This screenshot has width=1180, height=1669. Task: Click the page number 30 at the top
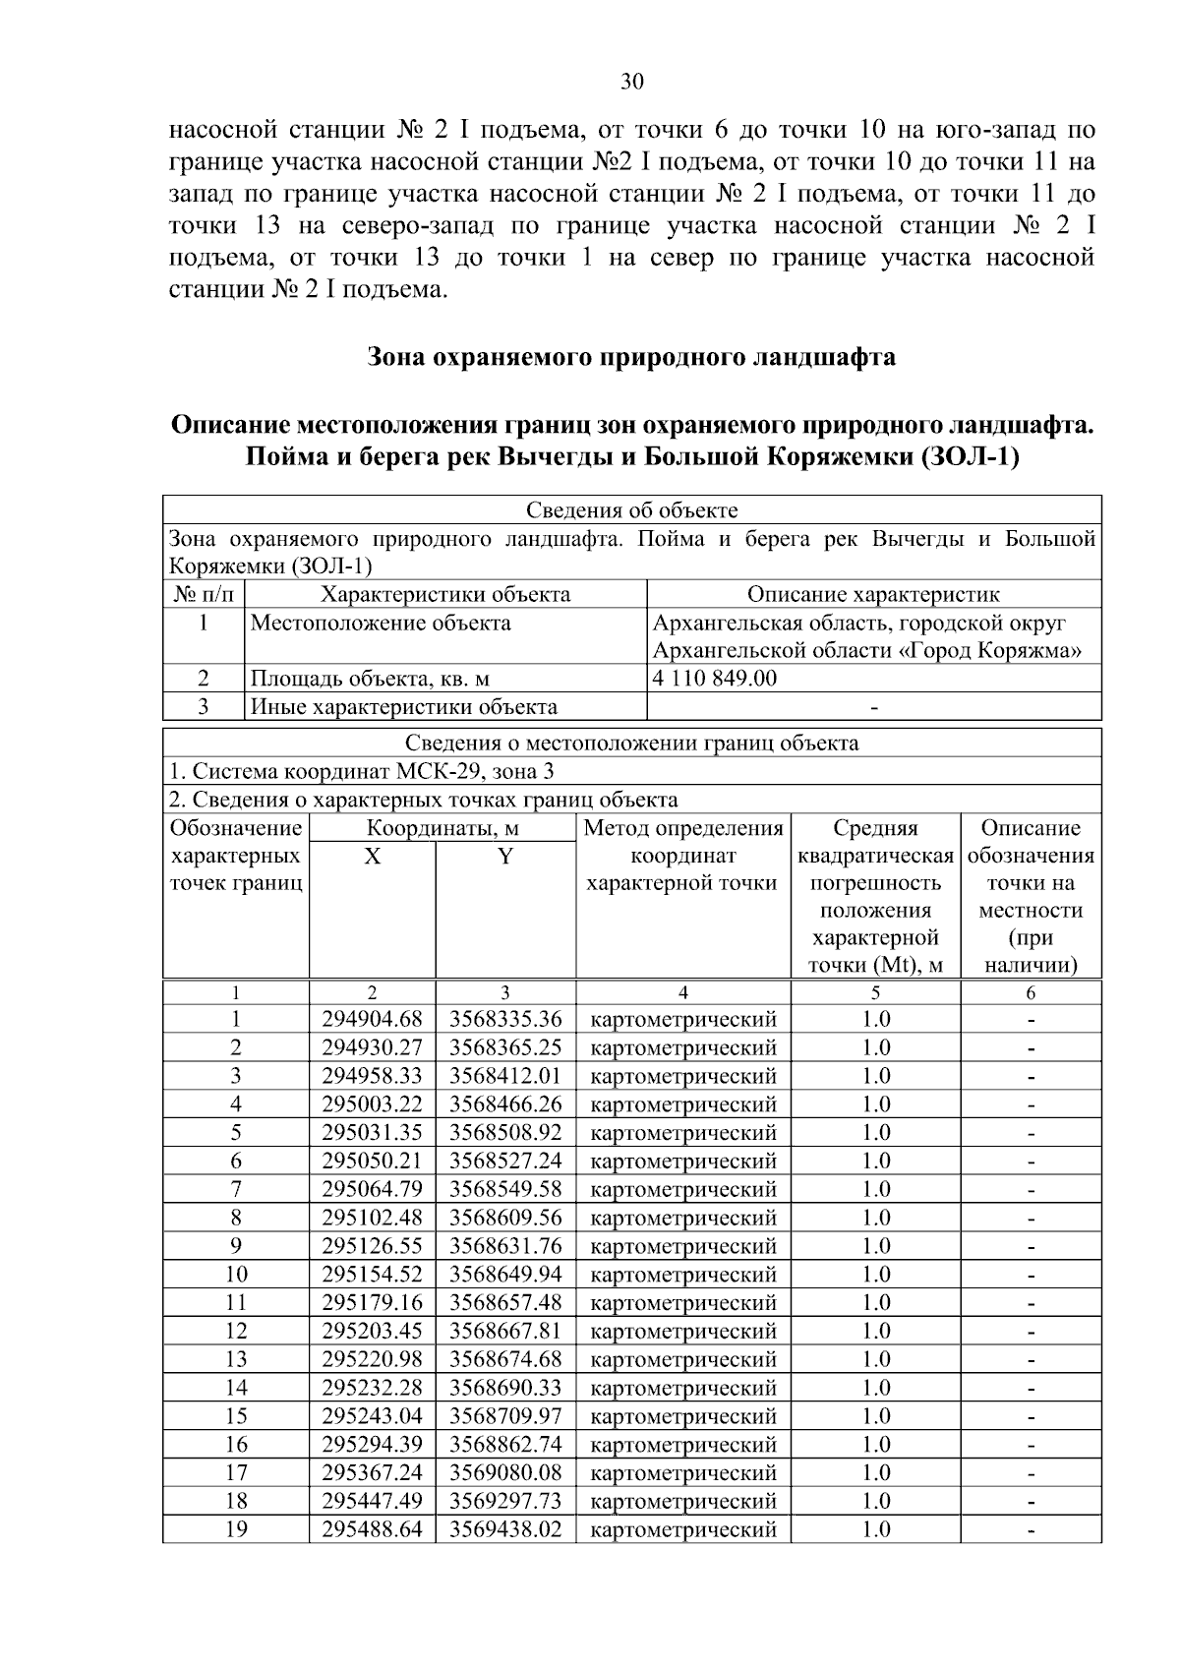click(631, 82)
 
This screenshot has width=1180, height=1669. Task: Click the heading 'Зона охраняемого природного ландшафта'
click(631, 356)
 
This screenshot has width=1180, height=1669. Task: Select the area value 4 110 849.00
click(715, 678)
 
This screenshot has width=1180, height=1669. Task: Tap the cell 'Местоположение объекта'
click(381, 623)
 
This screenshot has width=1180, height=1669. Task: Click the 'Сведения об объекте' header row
click(631, 509)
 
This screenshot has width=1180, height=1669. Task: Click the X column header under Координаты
click(372, 857)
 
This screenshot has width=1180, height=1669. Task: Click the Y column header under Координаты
click(505, 857)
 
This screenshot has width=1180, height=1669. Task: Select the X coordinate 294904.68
click(372, 1019)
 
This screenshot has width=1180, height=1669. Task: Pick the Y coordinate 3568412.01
click(505, 1076)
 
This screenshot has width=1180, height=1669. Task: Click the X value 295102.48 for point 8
click(372, 1218)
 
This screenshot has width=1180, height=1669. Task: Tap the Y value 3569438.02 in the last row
click(505, 1529)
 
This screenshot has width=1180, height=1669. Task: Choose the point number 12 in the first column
click(236, 1331)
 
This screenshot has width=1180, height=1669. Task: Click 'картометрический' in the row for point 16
click(682, 1445)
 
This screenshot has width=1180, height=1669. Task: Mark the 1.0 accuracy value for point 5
click(875, 1132)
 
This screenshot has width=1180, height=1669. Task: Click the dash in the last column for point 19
click(1031, 1530)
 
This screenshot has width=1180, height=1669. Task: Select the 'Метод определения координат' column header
click(682, 856)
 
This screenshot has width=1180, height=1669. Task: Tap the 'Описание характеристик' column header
click(873, 594)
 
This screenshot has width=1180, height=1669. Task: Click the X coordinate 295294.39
click(372, 1445)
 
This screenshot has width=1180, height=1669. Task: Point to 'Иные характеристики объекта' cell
click(404, 706)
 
